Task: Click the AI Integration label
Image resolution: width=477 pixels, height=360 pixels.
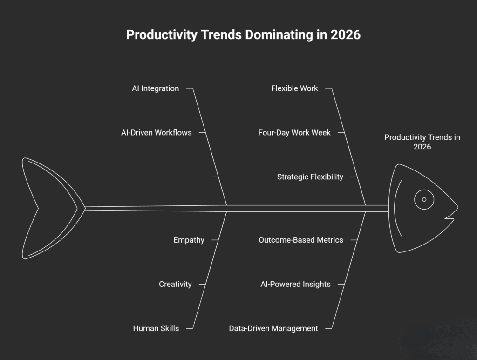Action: pyautogui.click(x=155, y=88)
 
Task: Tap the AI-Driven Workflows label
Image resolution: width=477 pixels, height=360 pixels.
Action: pyautogui.click(x=156, y=133)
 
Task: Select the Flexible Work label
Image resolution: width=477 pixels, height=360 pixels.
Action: pyautogui.click(x=294, y=88)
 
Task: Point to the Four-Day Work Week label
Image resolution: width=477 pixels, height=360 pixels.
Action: pyautogui.click(x=294, y=133)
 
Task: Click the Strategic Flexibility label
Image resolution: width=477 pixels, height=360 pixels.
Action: pyautogui.click(x=310, y=177)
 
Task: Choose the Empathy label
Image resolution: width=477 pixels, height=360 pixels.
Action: pyautogui.click(x=189, y=240)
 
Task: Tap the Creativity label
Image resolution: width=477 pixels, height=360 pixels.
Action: pyautogui.click(x=175, y=284)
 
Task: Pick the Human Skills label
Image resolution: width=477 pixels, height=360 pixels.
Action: pyautogui.click(x=156, y=328)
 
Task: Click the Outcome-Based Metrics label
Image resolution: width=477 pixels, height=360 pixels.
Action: pyautogui.click(x=301, y=240)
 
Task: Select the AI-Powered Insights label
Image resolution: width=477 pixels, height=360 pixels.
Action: pyautogui.click(x=295, y=284)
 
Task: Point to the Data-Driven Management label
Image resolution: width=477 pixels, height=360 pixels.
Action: pyautogui.click(x=273, y=328)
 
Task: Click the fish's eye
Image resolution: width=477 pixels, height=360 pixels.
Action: pyautogui.click(x=424, y=199)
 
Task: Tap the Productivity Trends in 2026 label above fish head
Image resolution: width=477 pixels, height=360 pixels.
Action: pyautogui.click(x=422, y=142)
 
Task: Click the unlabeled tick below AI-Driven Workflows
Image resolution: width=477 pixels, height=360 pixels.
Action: pyautogui.click(x=215, y=177)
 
